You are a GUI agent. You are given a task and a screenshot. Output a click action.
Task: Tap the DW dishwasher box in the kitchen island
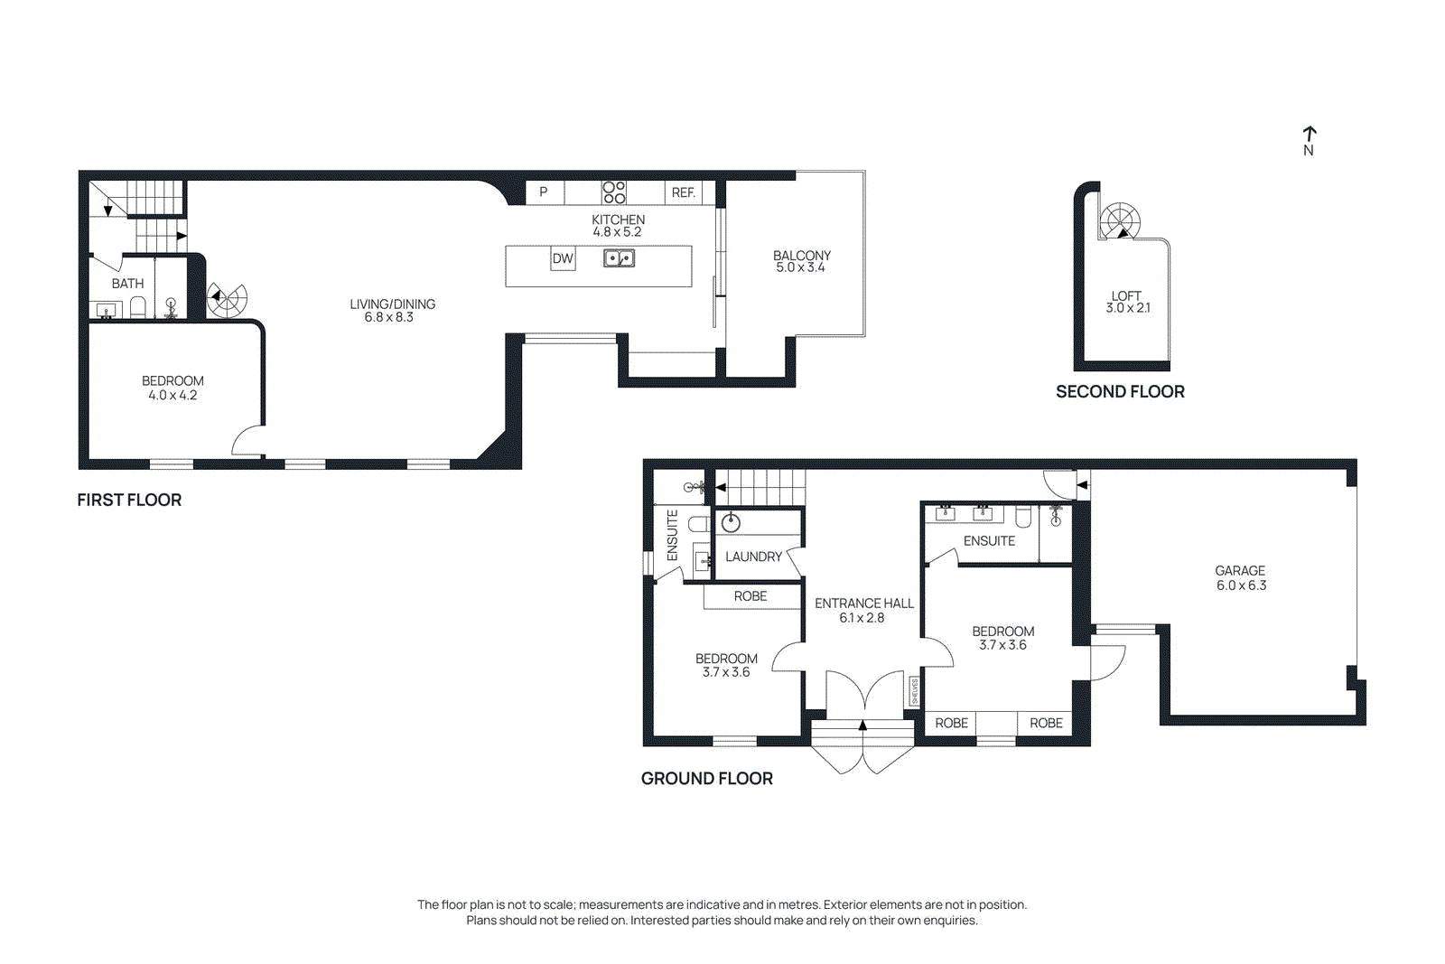coord(563,259)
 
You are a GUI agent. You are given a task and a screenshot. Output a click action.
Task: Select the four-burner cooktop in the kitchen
coord(614,192)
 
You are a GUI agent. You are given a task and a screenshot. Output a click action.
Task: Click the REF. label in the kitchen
coord(684,192)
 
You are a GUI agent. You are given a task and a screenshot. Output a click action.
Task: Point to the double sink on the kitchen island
coord(619,258)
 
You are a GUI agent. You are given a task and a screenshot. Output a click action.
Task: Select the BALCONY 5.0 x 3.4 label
coord(801,261)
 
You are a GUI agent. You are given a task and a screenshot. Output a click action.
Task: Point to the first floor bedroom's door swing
coord(247,440)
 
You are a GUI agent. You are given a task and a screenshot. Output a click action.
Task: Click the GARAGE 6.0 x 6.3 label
coord(1240,577)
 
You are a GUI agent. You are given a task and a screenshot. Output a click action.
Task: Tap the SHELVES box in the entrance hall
coord(914,691)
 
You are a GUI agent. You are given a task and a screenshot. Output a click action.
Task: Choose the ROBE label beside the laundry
coord(750,596)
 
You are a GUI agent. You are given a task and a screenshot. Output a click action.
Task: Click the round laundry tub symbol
coord(732,523)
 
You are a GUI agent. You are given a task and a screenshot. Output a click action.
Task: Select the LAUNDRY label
coord(753,557)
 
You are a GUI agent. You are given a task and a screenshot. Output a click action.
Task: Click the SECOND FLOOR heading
coord(1120,391)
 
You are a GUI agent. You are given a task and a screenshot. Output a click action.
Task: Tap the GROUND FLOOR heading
coord(706,778)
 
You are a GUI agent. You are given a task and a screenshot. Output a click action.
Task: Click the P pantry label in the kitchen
coord(543,192)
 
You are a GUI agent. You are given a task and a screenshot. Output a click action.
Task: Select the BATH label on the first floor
coord(127,284)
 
